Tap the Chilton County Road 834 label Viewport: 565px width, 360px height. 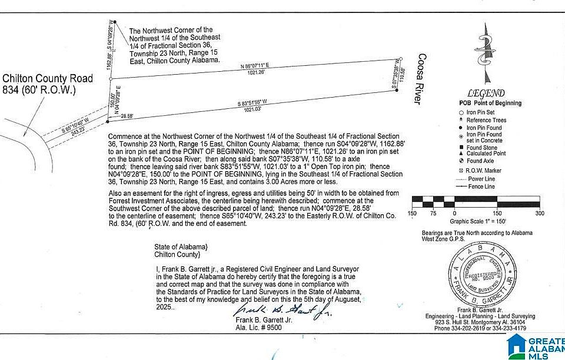[47, 84]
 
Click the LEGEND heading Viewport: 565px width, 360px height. [486, 93]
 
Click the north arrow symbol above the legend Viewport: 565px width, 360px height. [486, 53]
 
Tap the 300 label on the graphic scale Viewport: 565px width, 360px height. [539, 213]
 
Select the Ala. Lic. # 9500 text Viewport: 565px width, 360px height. [258, 328]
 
